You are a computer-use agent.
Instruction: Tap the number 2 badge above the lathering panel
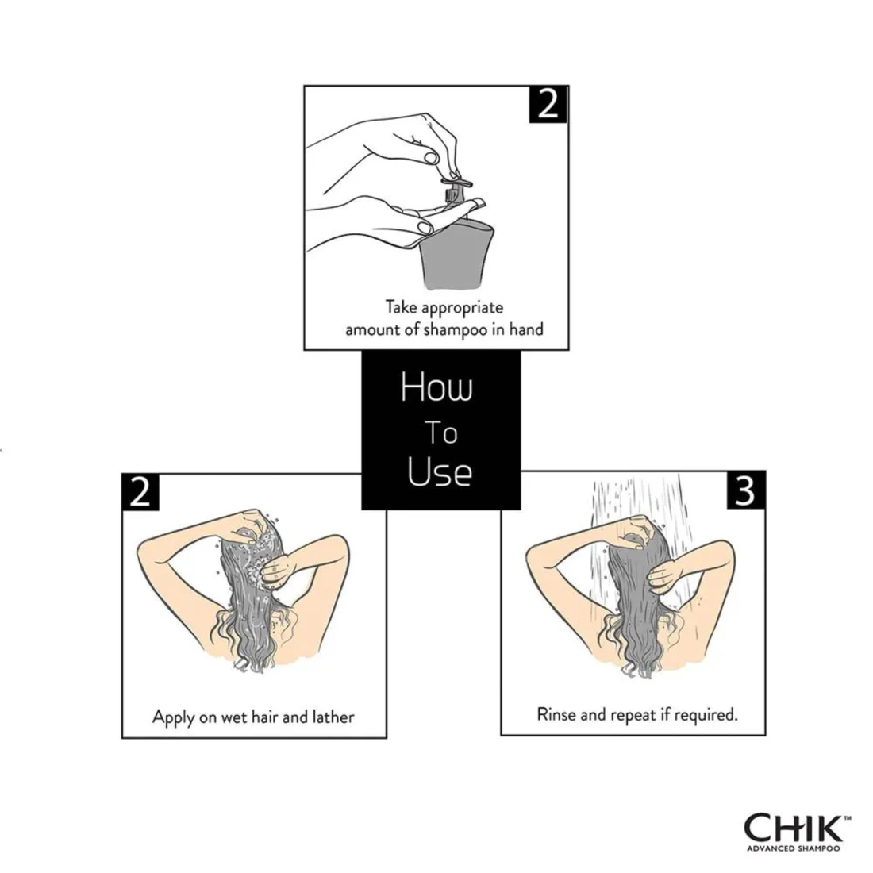(x=140, y=492)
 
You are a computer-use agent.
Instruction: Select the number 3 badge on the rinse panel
(x=745, y=491)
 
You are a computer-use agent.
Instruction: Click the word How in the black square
(x=436, y=389)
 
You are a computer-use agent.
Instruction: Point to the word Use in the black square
(x=440, y=472)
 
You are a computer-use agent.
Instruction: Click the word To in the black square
(x=440, y=433)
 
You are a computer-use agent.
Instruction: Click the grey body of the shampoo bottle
(x=452, y=254)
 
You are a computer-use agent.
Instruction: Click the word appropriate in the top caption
(x=463, y=306)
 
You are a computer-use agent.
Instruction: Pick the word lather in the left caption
(x=333, y=717)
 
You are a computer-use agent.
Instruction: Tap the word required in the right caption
(x=706, y=714)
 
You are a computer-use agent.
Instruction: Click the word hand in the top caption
(x=526, y=329)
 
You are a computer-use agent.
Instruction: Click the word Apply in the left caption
(x=172, y=717)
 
